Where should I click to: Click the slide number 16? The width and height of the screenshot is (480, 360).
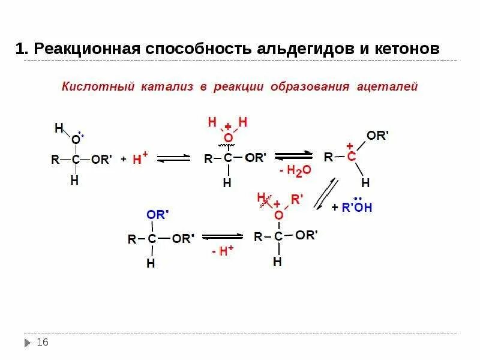pyautogui.click(x=43, y=342)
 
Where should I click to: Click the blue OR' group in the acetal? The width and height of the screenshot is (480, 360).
pyautogui.click(x=158, y=214)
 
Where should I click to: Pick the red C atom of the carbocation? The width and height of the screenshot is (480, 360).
pyautogui.click(x=351, y=157)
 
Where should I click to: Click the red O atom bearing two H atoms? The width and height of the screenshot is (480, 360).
pyautogui.click(x=228, y=138)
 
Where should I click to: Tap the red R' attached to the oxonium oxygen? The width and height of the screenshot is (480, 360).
pyautogui.click(x=298, y=199)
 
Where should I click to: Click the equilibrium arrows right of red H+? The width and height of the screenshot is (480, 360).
pyautogui.click(x=173, y=158)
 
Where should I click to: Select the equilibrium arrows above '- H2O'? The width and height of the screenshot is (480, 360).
pyautogui.click(x=293, y=156)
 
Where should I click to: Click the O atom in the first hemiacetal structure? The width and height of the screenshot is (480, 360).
pyautogui.click(x=75, y=140)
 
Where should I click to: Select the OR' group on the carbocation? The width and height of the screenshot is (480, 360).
pyautogui.click(x=378, y=136)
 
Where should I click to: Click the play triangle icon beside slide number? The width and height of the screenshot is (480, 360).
pyautogui.click(x=28, y=343)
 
